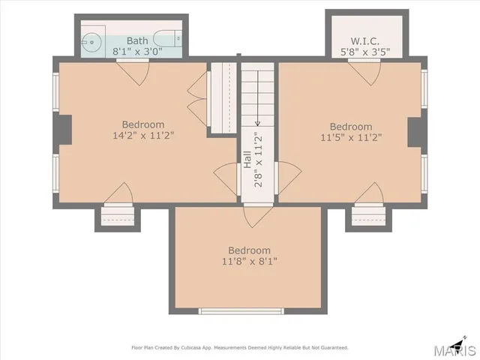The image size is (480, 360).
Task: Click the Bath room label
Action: pos(137,40)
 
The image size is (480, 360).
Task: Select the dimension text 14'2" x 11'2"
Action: pos(143,136)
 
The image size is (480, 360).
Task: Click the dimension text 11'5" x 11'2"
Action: pos(351,137)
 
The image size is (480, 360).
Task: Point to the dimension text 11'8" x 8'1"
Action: pos(250,261)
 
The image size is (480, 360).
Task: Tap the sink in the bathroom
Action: pos(90,42)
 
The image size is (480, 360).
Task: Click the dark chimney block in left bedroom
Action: pos(65,129)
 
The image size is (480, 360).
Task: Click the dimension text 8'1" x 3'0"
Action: pos(137,52)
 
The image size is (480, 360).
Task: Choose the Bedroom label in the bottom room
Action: pos(250,250)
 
